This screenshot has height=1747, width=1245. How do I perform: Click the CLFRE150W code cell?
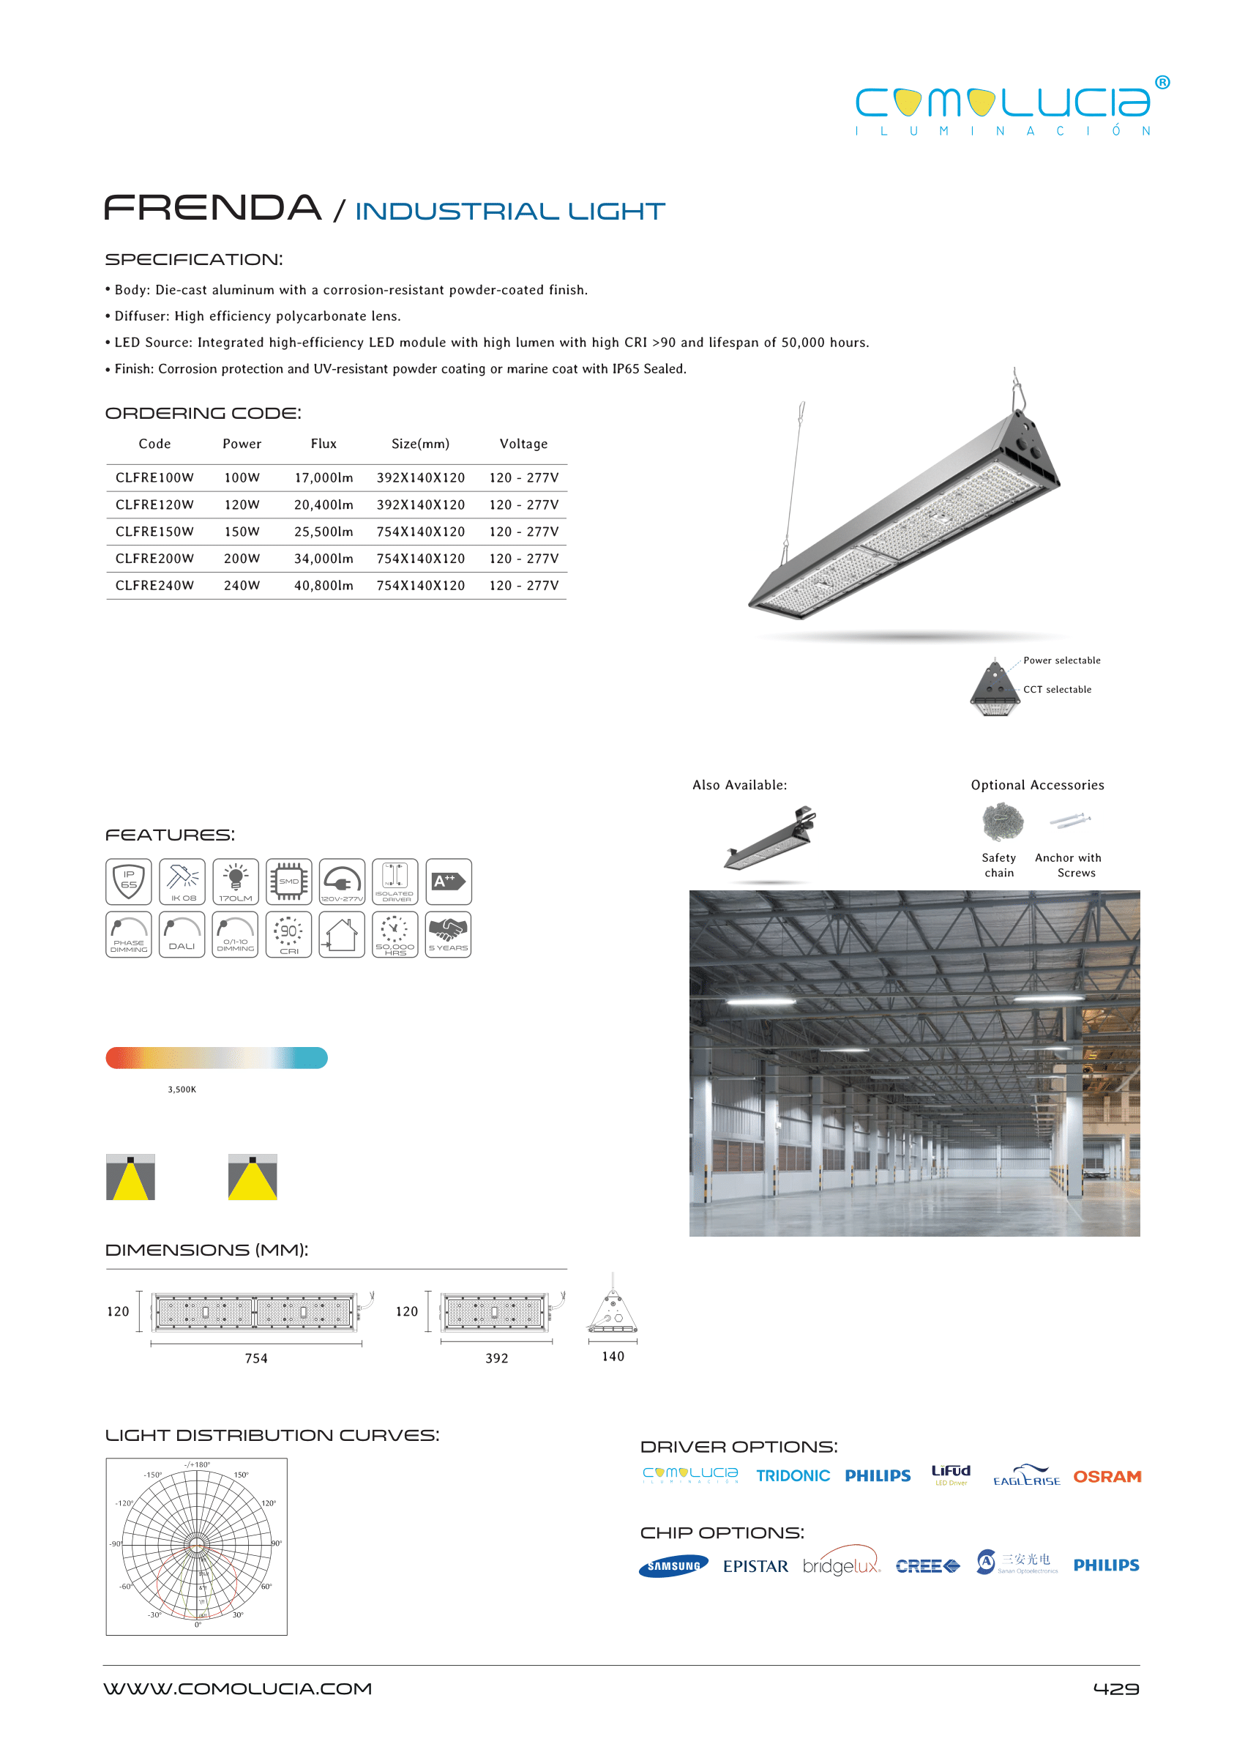(154, 532)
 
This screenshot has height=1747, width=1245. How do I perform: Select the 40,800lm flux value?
(324, 585)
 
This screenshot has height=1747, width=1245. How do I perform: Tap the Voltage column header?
(523, 444)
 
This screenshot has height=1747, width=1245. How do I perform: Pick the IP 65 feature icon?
(129, 881)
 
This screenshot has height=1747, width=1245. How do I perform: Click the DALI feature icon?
(182, 934)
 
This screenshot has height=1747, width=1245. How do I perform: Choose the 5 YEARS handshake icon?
(448, 934)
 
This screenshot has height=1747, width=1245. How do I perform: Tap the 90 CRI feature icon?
(288, 934)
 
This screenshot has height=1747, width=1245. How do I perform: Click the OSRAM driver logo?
(1106, 1476)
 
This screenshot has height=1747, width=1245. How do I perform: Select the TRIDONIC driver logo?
(793, 1475)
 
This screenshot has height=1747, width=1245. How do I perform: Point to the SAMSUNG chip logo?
(673, 1566)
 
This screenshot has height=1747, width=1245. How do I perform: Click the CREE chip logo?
(927, 1566)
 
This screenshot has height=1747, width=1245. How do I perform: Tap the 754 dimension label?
(256, 1358)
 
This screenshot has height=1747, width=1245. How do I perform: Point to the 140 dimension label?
(613, 1356)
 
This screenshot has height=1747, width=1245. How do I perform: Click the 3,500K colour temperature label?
(182, 1089)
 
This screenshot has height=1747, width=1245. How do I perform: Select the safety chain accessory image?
(1003, 822)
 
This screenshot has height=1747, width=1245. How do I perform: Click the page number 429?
(1115, 1688)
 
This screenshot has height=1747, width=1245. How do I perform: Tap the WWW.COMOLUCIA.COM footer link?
(238, 1688)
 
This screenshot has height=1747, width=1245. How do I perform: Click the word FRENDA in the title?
(212, 208)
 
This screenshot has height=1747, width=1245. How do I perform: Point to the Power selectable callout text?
(1061, 660)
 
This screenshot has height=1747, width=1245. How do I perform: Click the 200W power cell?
(242, 559)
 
